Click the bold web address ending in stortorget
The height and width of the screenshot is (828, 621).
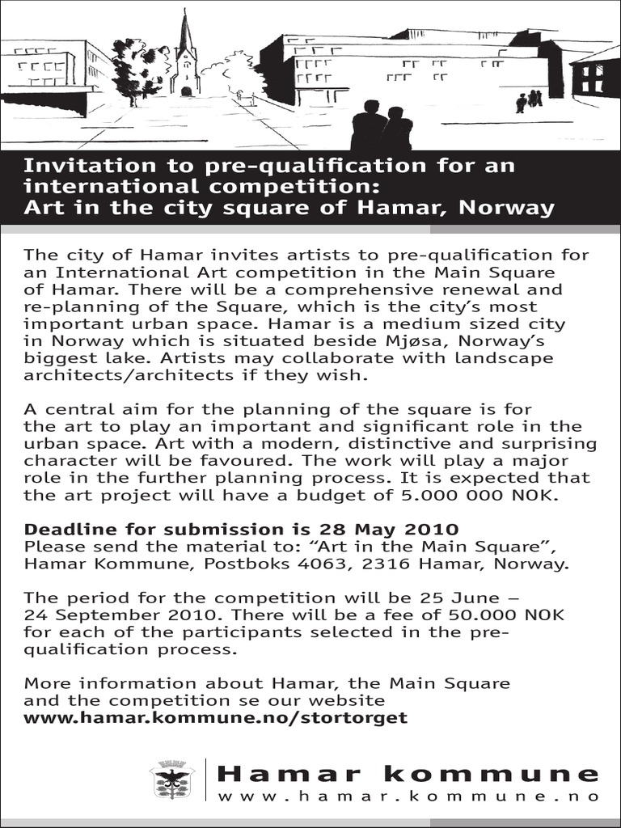(x=216, y=717)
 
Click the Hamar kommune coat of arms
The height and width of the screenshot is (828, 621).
(x=171, y=780)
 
